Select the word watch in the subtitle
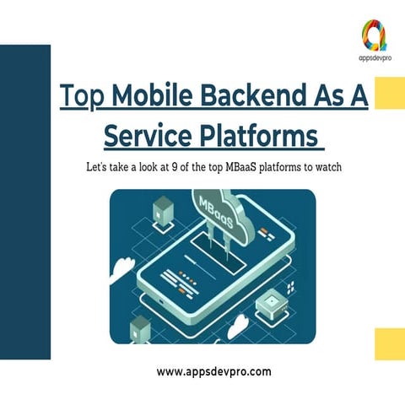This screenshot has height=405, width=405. click(324, 167)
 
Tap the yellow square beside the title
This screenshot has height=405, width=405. click(388, 93)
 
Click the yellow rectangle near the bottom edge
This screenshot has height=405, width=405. click(389, 344)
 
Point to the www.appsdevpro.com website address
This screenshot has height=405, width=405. click(215, 370)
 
